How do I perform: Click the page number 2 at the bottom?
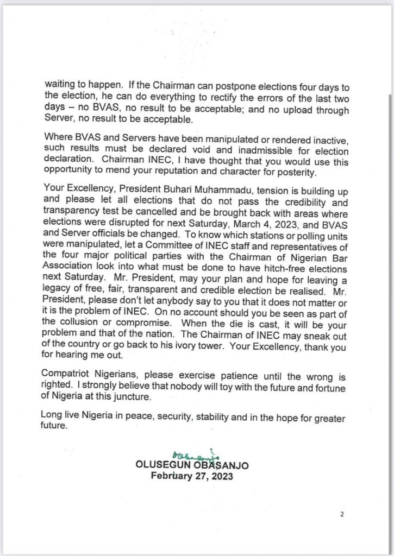tap(341, 515)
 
